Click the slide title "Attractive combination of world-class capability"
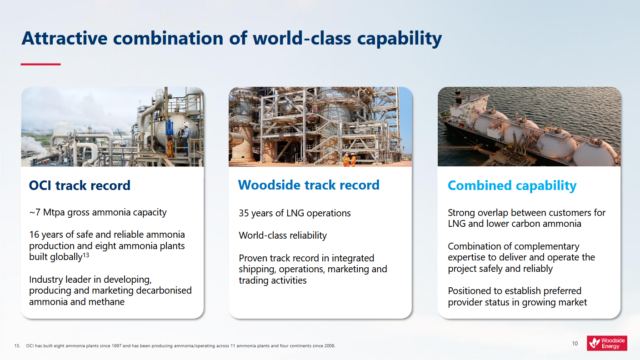(232, 39)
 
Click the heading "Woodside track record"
(308, 185)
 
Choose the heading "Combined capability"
(511, 185)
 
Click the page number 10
(575, 343)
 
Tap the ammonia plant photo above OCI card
(112, 126)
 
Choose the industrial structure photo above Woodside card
(319, 126)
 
